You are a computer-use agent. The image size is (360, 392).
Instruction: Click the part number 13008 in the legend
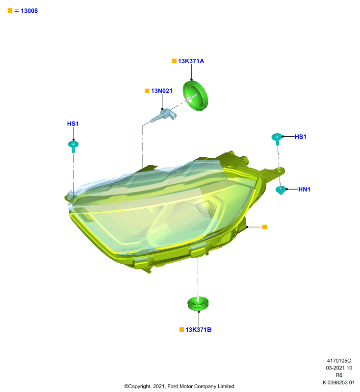tap(29, 11)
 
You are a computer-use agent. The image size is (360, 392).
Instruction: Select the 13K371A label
tap(191, 61)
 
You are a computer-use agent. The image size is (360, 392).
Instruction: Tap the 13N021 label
tap(162, 91)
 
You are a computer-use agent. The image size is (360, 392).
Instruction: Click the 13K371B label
tap(198, 329)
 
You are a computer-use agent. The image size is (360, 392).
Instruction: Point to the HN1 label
tap(304, 189)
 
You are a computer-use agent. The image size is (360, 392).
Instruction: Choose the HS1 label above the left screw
tap(73, 124)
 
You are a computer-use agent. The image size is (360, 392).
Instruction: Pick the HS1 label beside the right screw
tap(301, 137)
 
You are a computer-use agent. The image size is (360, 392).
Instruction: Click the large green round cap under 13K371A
tap(195, 96)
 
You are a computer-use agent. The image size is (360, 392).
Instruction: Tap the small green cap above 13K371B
tap(198, 303)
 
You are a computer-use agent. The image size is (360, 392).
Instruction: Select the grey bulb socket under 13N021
tap(164, 116)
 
